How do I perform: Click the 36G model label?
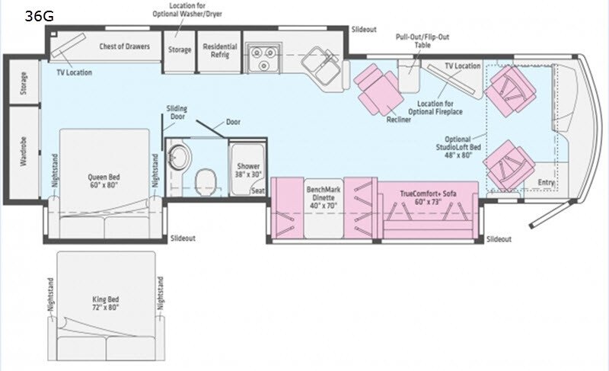tap(40, 16)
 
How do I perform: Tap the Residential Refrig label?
tap(220, 50)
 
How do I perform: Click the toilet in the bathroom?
tap(206, 182)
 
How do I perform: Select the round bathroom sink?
tap(179, 157)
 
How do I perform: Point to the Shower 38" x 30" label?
tap(248, 170)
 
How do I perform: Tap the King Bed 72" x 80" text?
tap(106, 303)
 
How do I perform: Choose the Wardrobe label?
tap(24, 152)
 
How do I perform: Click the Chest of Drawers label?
tap(124, 46)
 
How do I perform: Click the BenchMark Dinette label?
tap(323, 197)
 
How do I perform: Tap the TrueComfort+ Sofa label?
tap(428, 197)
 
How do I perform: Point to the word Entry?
tap(546, 182)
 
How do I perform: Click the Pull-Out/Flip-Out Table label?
tap(422, 41)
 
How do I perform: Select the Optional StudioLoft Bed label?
tap(458, 147)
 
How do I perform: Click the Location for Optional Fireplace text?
tap(435, 107)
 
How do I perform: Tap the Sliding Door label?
tap(177, 112)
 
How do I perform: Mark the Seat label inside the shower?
tap(258, 190)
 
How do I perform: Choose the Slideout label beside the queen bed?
tap(183, 238)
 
